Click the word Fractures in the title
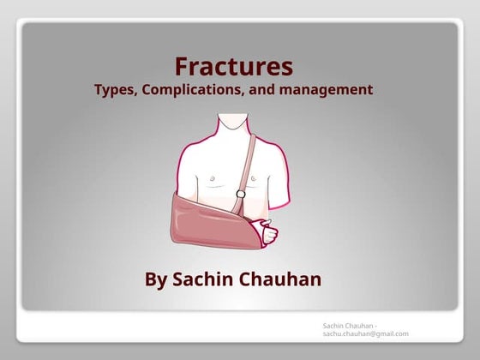click(x=234, y=66)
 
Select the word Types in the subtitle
click(x=116, y=89)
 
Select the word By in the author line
click(x=157, y=279)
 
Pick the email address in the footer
click(x=366, y=333)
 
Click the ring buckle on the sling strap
click(x=241, y=195)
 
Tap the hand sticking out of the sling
click(x=268, y=231)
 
